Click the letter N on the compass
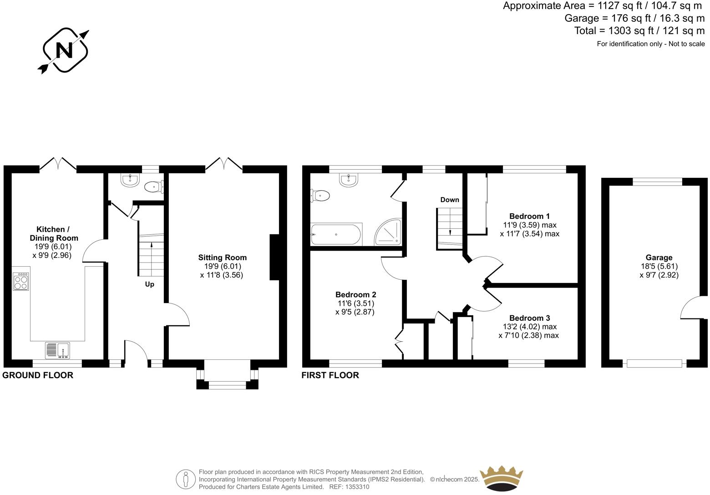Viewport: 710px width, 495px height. coord(64,50)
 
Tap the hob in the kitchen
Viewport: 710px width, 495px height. coord(21,282)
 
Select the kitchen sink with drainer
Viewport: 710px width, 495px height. coord(57,350)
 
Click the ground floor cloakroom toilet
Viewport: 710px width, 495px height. coord(154,187)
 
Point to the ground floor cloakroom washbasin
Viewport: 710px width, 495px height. coord(130,180)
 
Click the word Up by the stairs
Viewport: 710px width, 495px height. coord(150,284)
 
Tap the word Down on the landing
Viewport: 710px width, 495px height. coord(450,200)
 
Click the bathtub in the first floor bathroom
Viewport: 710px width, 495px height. coord(336,234)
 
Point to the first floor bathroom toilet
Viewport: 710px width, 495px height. coord(320,196)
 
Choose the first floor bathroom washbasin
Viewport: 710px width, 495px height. coord(348,180)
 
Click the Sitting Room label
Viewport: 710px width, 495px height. coord(222,258)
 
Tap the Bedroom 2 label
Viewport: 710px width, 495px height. coord(355,294)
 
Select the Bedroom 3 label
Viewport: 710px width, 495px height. coord(529,318)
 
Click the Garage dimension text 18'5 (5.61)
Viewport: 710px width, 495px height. coord(659,266)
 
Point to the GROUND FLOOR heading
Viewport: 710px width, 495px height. coord(38,375)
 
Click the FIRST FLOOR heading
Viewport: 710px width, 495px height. coord(330,375)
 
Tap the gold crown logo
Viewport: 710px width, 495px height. coord(501,478)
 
